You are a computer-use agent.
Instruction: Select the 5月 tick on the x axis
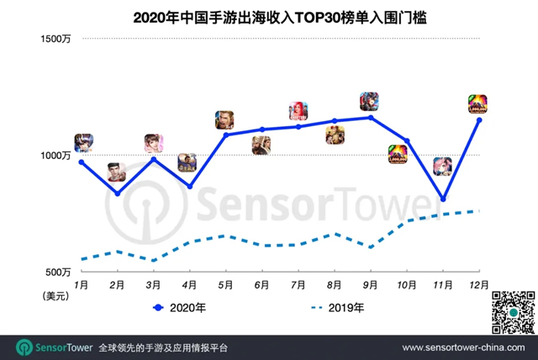coord(225,286)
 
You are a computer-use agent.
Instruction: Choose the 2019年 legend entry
coord(337,308)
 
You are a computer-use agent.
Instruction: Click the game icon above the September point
coord(369,102)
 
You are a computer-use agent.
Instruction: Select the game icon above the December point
coord(477,104)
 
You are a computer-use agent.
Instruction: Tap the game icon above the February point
coord(117,172)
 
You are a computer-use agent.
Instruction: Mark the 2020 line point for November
coord(443,199)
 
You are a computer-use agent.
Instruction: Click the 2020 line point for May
coord(225,135)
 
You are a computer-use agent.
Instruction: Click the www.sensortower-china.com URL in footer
coord(464,347)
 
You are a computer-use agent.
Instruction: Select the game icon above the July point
coord(298,111)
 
